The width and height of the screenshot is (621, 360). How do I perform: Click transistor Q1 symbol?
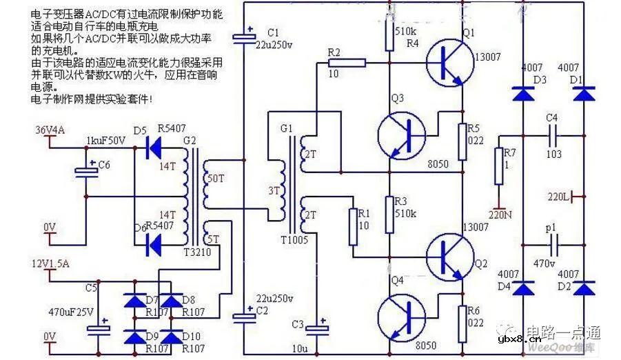click(448, 61)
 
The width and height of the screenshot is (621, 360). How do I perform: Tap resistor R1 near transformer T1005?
click(354, 227)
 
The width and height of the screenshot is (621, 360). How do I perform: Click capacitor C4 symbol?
click(551, 135)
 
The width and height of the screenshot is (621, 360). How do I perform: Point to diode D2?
click(584, 287)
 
